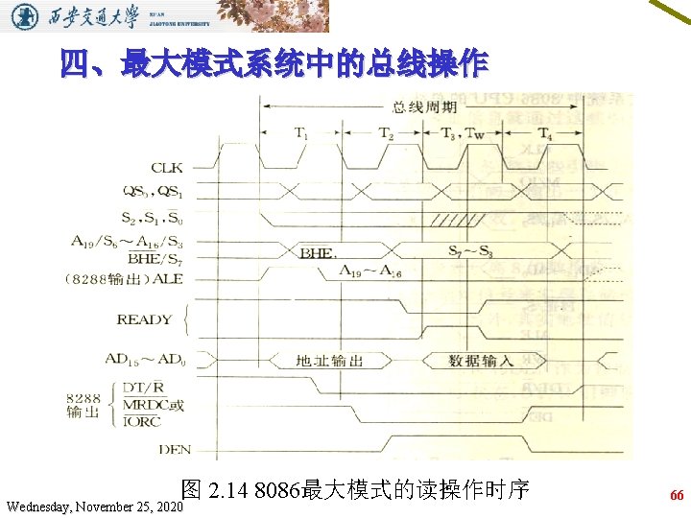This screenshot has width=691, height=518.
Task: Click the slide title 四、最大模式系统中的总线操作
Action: [274, 66]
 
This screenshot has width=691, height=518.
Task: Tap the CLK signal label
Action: [167, 169]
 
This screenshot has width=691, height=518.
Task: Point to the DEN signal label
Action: [175, 448]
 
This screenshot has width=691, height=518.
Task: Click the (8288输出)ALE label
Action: [122, 279]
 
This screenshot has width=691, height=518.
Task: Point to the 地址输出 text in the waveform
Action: [330, 361]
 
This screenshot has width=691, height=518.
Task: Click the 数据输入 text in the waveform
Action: [481, 361]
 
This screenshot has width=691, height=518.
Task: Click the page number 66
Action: [677, 496]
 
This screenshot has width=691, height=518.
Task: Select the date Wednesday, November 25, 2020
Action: [93, 505]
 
